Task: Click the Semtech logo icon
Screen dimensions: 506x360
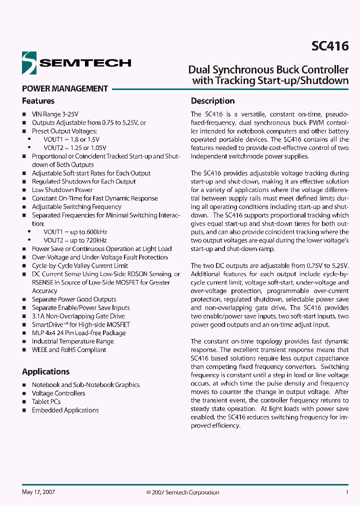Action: coord(29,62)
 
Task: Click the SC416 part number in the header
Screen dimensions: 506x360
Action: coord(330,46)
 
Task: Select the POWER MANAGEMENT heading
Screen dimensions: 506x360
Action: coord(65,88)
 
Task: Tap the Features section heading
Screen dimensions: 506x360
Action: coord(38,101)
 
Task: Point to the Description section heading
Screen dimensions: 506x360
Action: coord(212,101)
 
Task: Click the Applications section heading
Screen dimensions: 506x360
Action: coord(45,371)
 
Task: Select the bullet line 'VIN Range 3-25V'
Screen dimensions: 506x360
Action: coord(55,114)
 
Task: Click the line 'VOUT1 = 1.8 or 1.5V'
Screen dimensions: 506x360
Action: coord(71,139)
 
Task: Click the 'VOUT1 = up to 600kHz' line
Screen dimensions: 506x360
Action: coord(75,232)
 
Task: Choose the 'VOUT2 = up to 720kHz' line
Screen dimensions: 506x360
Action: coord(75,240)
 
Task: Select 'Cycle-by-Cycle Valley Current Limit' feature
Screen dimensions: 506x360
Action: coord(80,266)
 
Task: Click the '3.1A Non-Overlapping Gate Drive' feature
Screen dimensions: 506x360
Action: coord(78,316)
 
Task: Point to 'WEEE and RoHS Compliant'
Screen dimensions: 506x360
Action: coord(69,350)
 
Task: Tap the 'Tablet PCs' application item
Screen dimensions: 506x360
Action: coord(46,401)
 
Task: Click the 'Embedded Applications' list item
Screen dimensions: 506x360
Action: coord(65,410)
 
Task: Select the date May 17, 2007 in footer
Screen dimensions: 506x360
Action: coord(38,492)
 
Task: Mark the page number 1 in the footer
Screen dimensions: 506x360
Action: coord(347,492)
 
